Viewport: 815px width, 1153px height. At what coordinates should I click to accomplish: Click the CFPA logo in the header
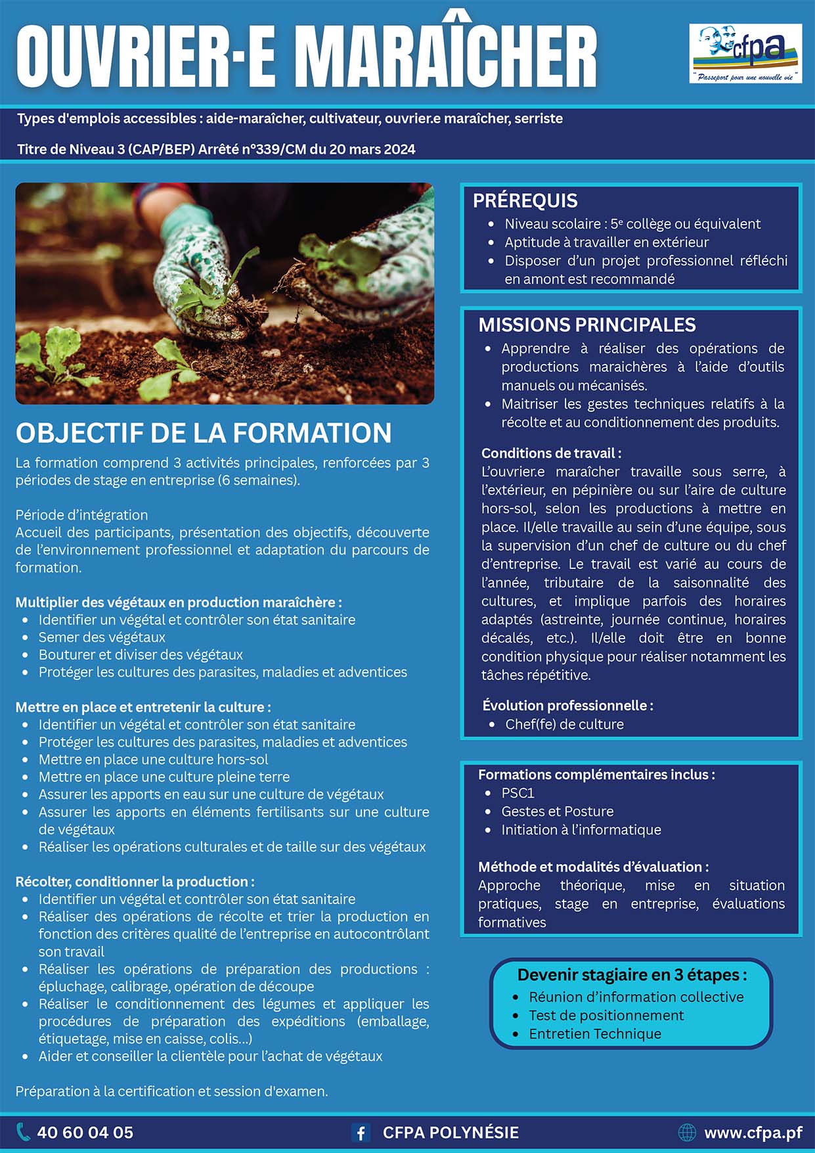745,53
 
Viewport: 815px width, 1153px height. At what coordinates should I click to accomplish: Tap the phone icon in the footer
23,1132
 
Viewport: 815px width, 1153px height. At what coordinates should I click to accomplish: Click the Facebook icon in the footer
360,1133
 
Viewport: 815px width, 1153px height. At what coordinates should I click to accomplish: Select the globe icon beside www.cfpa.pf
686,1133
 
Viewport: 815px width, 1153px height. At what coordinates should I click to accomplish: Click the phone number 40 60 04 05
85,1133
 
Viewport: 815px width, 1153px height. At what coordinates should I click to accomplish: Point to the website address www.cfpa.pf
753,1133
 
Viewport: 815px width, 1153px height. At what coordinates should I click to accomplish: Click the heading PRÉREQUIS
525,200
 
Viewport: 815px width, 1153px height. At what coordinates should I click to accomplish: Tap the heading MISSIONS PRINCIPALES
587,325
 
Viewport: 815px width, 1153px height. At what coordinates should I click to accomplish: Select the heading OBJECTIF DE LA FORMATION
204,433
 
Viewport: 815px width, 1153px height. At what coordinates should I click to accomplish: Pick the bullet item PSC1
518,793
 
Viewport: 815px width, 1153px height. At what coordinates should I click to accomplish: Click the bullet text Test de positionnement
606,1015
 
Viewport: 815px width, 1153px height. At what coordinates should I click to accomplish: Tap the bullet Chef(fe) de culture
564,724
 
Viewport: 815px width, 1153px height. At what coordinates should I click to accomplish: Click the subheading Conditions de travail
551,453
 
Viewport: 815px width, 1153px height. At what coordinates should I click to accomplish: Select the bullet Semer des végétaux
102,637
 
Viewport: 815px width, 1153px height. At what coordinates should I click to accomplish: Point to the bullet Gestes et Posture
558,811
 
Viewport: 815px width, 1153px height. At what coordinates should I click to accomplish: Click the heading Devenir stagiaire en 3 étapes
632,974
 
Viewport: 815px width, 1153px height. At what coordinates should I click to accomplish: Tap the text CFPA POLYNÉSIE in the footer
451,1133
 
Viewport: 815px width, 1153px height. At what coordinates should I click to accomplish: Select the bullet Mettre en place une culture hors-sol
153,759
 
